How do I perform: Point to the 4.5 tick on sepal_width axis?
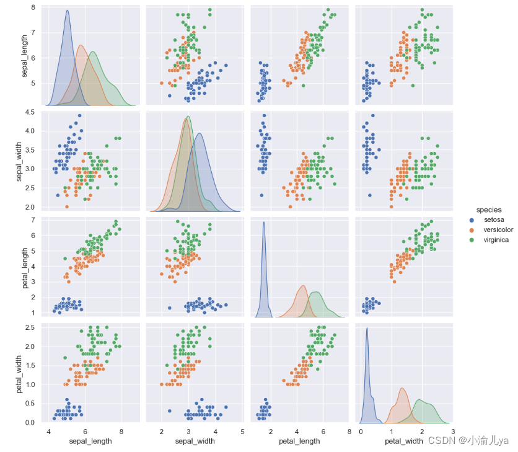point(38,112)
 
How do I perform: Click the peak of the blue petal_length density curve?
point(265,222)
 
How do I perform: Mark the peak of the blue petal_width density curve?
point(367,328)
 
